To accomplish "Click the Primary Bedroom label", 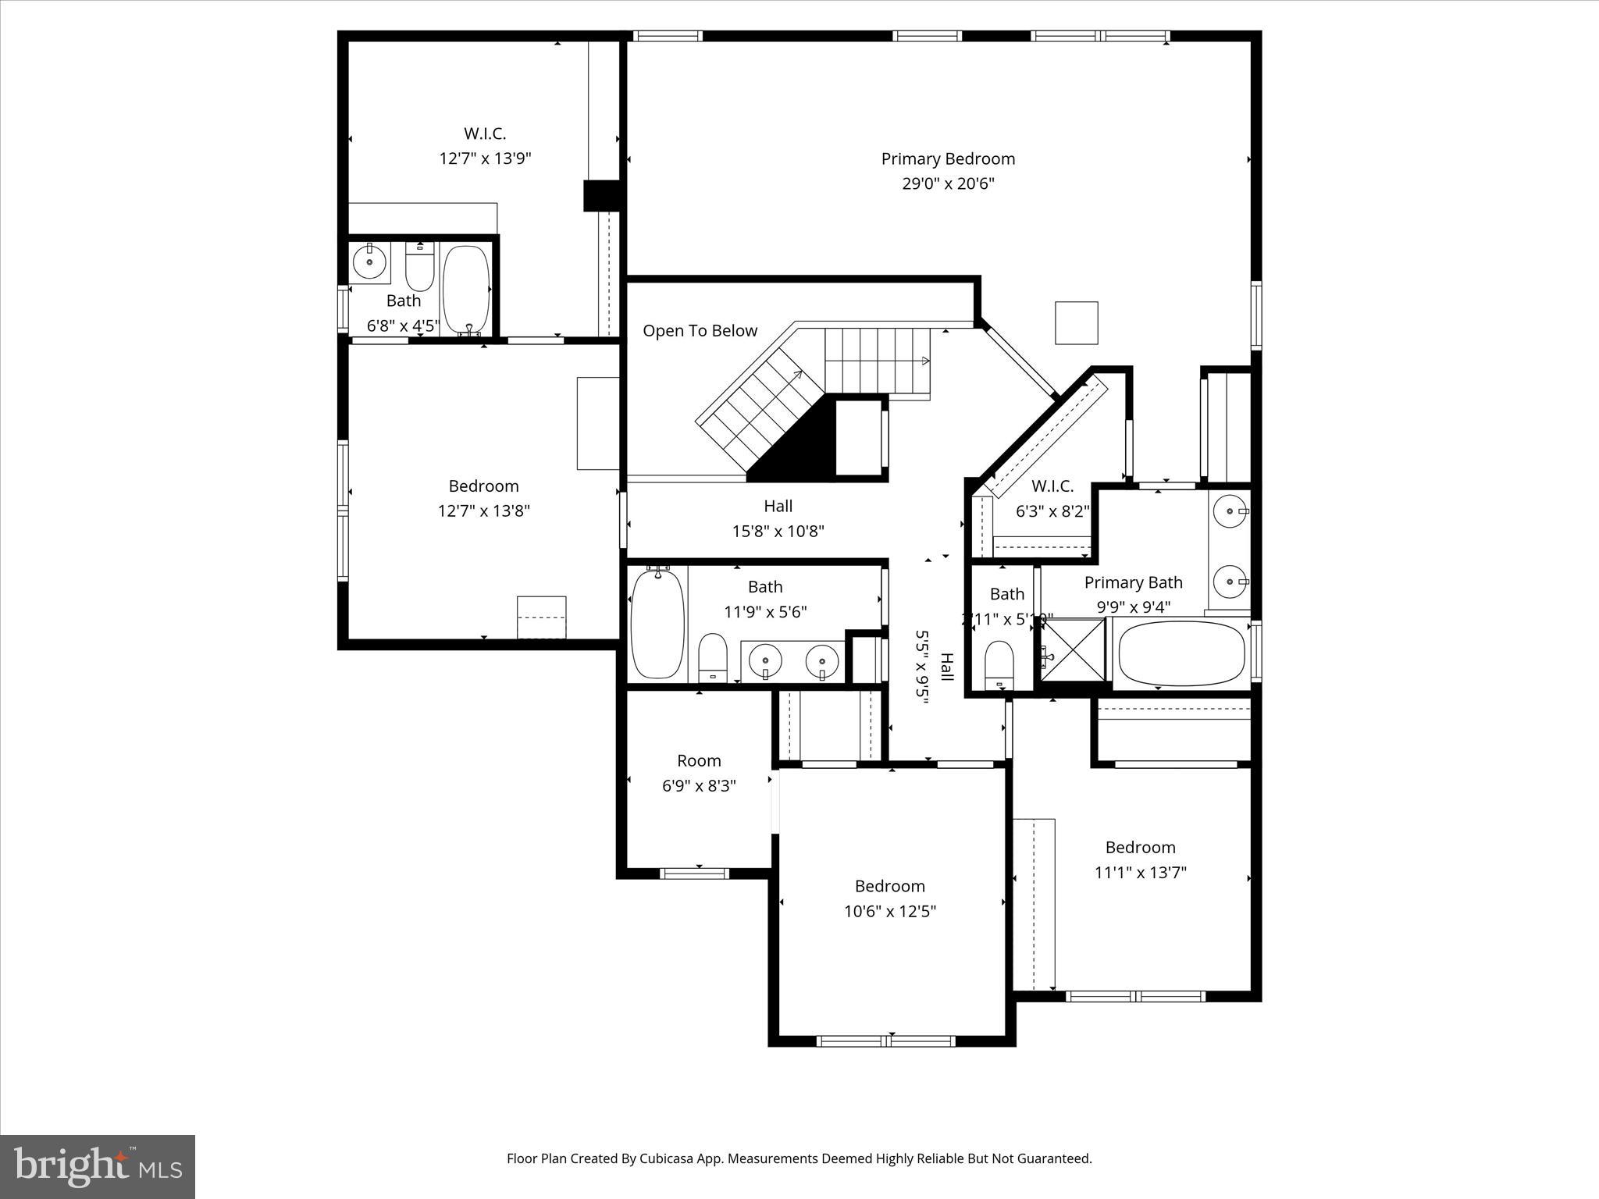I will (948, 159).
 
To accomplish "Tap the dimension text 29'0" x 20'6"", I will (948, 184).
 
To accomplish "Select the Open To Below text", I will (700, 331).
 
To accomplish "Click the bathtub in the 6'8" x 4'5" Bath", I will (466, 290).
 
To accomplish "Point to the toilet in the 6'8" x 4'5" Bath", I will (419, 269).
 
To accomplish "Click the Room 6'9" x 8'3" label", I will (699, 761).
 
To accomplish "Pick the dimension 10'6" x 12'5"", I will (889, 911).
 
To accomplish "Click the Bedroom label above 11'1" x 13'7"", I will (1140, 848).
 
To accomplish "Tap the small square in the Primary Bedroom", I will (1076, 322).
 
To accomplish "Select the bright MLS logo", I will (98, 1166).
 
